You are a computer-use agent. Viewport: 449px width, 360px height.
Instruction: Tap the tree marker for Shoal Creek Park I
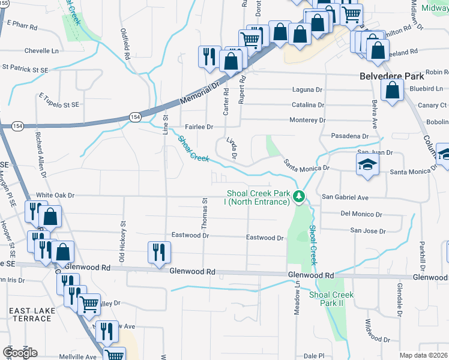tap(298, 197)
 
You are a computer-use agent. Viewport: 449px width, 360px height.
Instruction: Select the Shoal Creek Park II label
tap(331, 299)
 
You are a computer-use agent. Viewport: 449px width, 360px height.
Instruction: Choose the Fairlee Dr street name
tap(199, 127)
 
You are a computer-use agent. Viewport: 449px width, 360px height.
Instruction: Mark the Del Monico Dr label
tap(361, 214)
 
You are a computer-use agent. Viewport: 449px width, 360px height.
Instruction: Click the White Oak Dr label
tap(55, 196)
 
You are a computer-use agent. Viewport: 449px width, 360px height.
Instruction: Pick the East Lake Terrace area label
tap(30, 314)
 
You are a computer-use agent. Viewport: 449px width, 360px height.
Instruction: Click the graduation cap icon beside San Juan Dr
tap(367, 166)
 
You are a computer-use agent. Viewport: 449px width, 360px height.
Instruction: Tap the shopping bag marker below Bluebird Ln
tap(392, 92)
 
